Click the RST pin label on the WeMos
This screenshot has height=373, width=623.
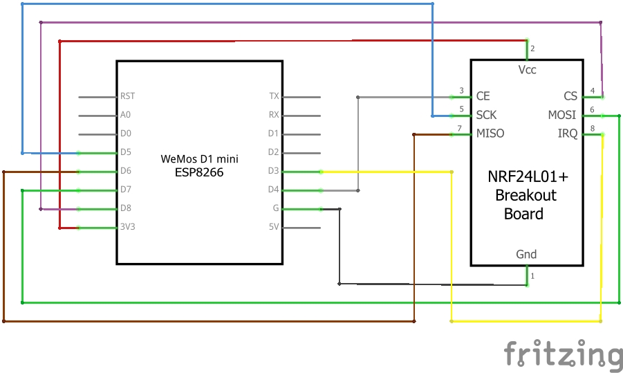tap(127, 97)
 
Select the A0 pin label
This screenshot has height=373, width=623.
tap(125, 116)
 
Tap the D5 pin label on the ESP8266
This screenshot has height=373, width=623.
tap(125, 152)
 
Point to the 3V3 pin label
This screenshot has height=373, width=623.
tap(127, 227)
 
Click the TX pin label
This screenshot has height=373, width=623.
tap(274, 97)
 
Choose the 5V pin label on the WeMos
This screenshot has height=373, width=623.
tap(274, 227)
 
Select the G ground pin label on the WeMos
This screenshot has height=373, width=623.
tap(276, 208)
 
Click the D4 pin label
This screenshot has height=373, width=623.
tap(273, 190)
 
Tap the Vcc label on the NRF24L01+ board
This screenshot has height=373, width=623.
tap(527, 70)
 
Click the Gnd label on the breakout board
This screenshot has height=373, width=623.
tap(526, 255)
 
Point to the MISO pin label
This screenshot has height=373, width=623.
tap(490, 134)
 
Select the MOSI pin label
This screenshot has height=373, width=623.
tap(562, 115)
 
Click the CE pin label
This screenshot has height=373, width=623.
tap(483, 96)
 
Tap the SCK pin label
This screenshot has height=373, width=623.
tap(486, 115)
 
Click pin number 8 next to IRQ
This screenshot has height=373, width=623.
tap(592, 128)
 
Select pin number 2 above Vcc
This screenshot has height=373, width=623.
tap(532, 48)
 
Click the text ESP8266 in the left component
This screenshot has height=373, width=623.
tap(200, 172)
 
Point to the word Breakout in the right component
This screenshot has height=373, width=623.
tap(526, 196)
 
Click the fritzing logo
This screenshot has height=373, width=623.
tap(563, 354)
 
